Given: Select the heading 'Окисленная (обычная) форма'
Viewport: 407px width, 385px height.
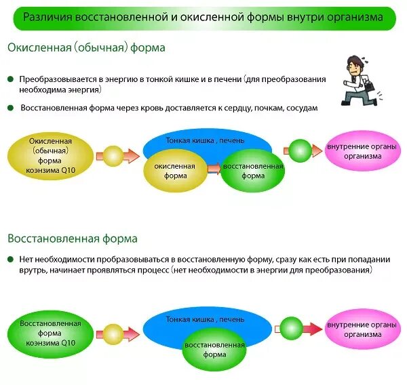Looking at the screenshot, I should pyautogui.click(x=86, y=49).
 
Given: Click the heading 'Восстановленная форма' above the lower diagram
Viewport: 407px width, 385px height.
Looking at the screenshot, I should pyautogui.click(x=73, y=239).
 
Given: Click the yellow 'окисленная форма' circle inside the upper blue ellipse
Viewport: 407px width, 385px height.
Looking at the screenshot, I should pyautogui.click(x=174, y=170).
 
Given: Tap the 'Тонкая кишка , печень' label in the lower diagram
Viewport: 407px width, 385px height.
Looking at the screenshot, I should pyautogui.click(x=206, y=319).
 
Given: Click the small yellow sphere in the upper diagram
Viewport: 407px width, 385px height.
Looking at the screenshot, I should pyautogui.click(x=112, y=155).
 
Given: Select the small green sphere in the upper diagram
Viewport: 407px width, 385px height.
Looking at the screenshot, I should pyautogui.click(x=296, y=150).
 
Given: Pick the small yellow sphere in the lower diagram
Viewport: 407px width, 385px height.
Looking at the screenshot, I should pyautogui.click(x=112, y=333).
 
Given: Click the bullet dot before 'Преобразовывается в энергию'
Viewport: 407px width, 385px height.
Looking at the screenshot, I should pyautogui.click(x=11, y=79).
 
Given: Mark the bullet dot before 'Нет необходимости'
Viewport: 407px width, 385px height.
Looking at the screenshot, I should pyautogui.click(x=11, y=259).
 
